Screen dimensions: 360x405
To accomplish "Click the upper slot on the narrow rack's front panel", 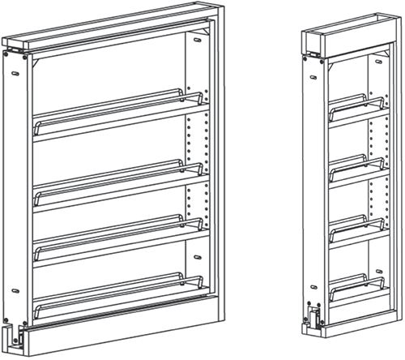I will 312,77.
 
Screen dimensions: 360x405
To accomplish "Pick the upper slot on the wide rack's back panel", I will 198,38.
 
